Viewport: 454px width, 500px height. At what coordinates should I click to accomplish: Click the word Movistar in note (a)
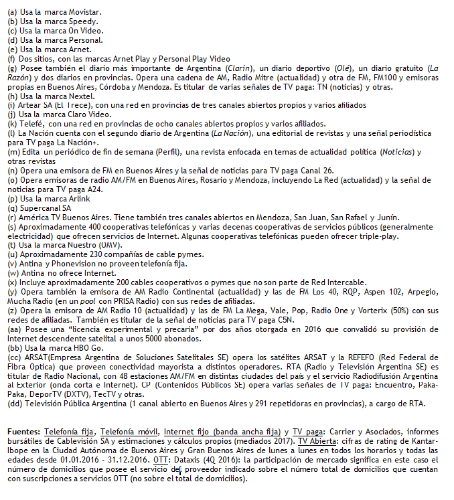[x=85, y=12]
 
